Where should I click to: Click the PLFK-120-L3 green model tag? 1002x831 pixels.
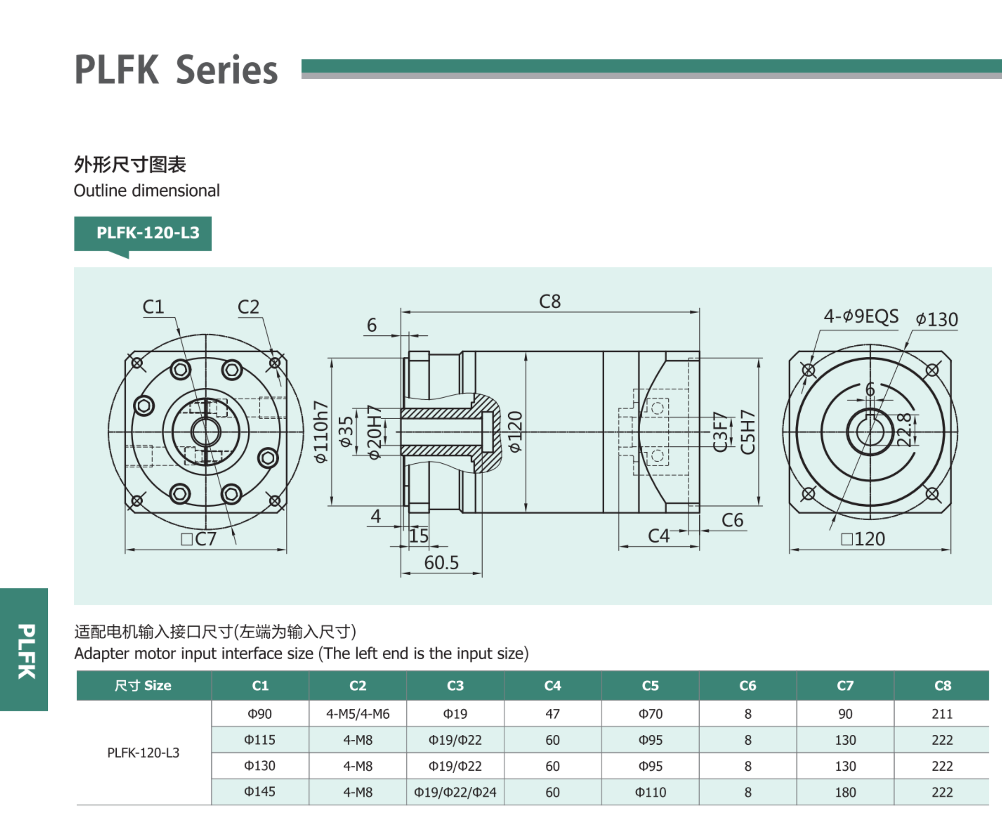point(143,233)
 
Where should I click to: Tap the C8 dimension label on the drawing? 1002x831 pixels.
point(550,301)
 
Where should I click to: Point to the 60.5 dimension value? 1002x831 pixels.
point(442,563)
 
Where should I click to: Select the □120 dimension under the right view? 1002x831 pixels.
point(863,539)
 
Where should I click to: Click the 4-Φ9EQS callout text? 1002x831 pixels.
point(861,316)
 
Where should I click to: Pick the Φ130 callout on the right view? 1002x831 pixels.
point(936,320)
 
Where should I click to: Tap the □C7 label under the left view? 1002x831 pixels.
point(199,539)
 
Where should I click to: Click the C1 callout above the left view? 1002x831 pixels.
point(153,307)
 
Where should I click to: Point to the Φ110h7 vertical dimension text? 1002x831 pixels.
point(321,432)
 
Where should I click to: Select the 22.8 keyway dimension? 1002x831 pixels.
point(904,430)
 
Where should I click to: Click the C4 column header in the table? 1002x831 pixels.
point(552,686)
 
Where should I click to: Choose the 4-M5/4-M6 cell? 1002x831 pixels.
point(357,714)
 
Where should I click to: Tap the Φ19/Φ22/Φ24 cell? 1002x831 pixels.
point(455,792)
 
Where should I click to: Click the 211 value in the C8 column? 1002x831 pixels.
point(942,714)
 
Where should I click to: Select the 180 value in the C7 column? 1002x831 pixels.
point(845,792)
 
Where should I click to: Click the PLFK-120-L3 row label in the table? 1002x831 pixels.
point(143,753)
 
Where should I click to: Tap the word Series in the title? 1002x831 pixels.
point(227,70)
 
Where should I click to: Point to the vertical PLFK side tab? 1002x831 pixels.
point(25,651)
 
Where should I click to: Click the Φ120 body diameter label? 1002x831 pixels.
point(515,432)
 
